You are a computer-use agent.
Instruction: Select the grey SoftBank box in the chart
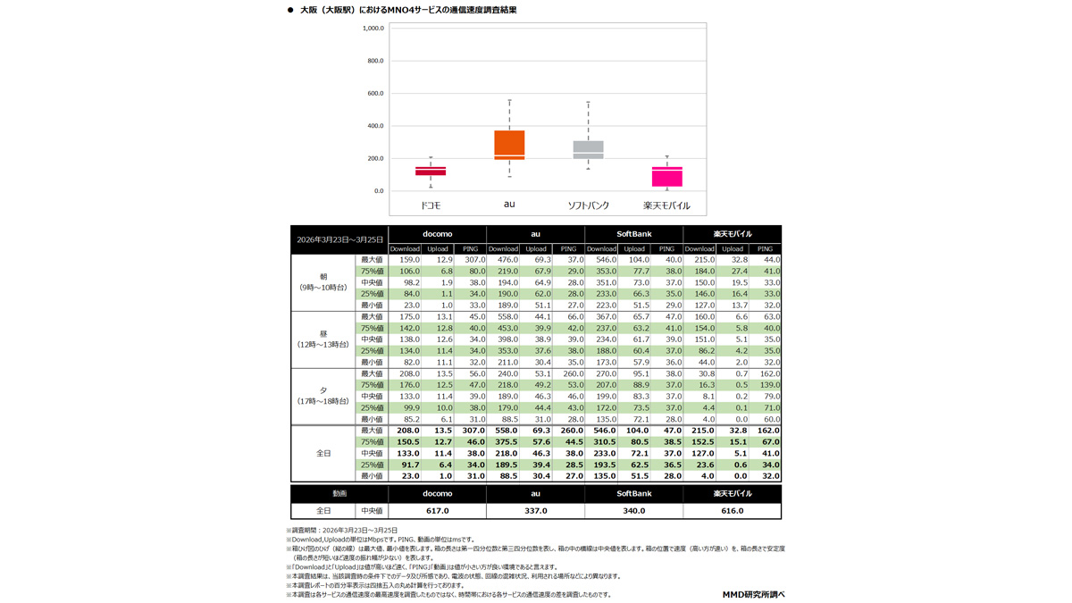tap(588, 150)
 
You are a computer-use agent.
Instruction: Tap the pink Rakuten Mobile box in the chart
tap(666, 177)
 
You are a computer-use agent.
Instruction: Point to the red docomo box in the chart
tap(431, 171)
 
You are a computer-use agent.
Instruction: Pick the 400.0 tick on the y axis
tap(373, 126)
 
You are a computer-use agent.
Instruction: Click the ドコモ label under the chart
tap(431, 205)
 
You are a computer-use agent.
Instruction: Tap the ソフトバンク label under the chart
tap(589, 205)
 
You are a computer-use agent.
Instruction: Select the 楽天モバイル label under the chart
tap(666, 205)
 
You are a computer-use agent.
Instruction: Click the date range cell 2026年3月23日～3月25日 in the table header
tap(339, 239)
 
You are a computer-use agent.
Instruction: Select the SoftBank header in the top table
tap(633, 234)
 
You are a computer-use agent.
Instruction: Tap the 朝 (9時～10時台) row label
tap(323, 282)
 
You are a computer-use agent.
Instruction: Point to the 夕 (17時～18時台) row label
tap(323, 396)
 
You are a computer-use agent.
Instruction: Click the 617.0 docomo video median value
tap(437, 511)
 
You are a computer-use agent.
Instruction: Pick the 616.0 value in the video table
tap(732, 511)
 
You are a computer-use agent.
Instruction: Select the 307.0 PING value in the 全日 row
tap(470, 431)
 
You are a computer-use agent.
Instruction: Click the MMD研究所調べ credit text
tap(753, 594)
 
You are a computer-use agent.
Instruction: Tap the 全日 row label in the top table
tap(323, 453)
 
